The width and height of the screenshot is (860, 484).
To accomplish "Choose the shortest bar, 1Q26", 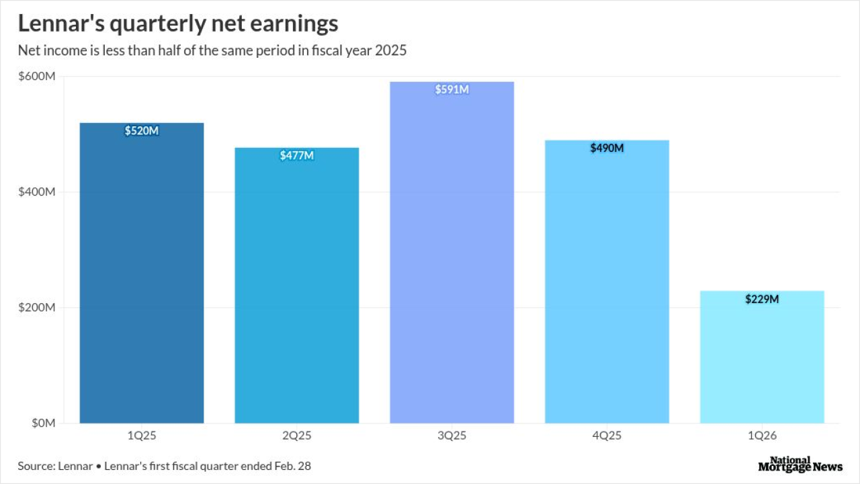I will [762, 363].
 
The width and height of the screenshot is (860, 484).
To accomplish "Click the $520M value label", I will [142, 131].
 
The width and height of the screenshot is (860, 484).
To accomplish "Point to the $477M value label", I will [297, 156].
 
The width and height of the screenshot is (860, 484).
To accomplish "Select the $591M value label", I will [452, 89].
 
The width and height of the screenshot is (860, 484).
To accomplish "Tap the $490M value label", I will [607, 148].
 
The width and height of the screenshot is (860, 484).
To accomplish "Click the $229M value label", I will [762, 299].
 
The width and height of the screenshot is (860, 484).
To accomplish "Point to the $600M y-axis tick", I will [36, 77].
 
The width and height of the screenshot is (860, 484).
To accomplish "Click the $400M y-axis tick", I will [36, 192].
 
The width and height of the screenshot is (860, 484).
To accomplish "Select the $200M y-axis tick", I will [36, 308].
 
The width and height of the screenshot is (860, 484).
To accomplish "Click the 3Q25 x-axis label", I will [452, 436].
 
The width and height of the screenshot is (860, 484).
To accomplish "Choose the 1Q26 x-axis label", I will [762, 436].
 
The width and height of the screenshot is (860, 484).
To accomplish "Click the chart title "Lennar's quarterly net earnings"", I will [177, 24].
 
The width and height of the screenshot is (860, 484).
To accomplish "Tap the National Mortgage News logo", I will [800, 464].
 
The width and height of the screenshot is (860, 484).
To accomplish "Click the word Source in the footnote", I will [36, 465].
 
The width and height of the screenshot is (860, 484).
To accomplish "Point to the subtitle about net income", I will [212, 50].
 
